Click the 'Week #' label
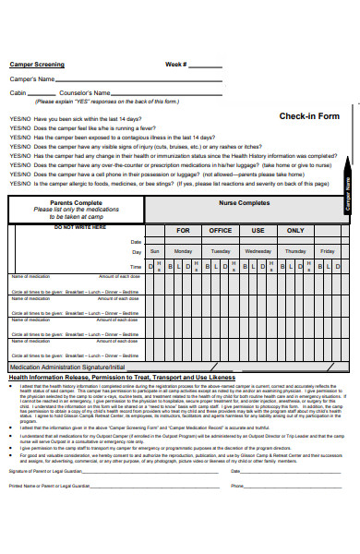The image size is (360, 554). (176, 65)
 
